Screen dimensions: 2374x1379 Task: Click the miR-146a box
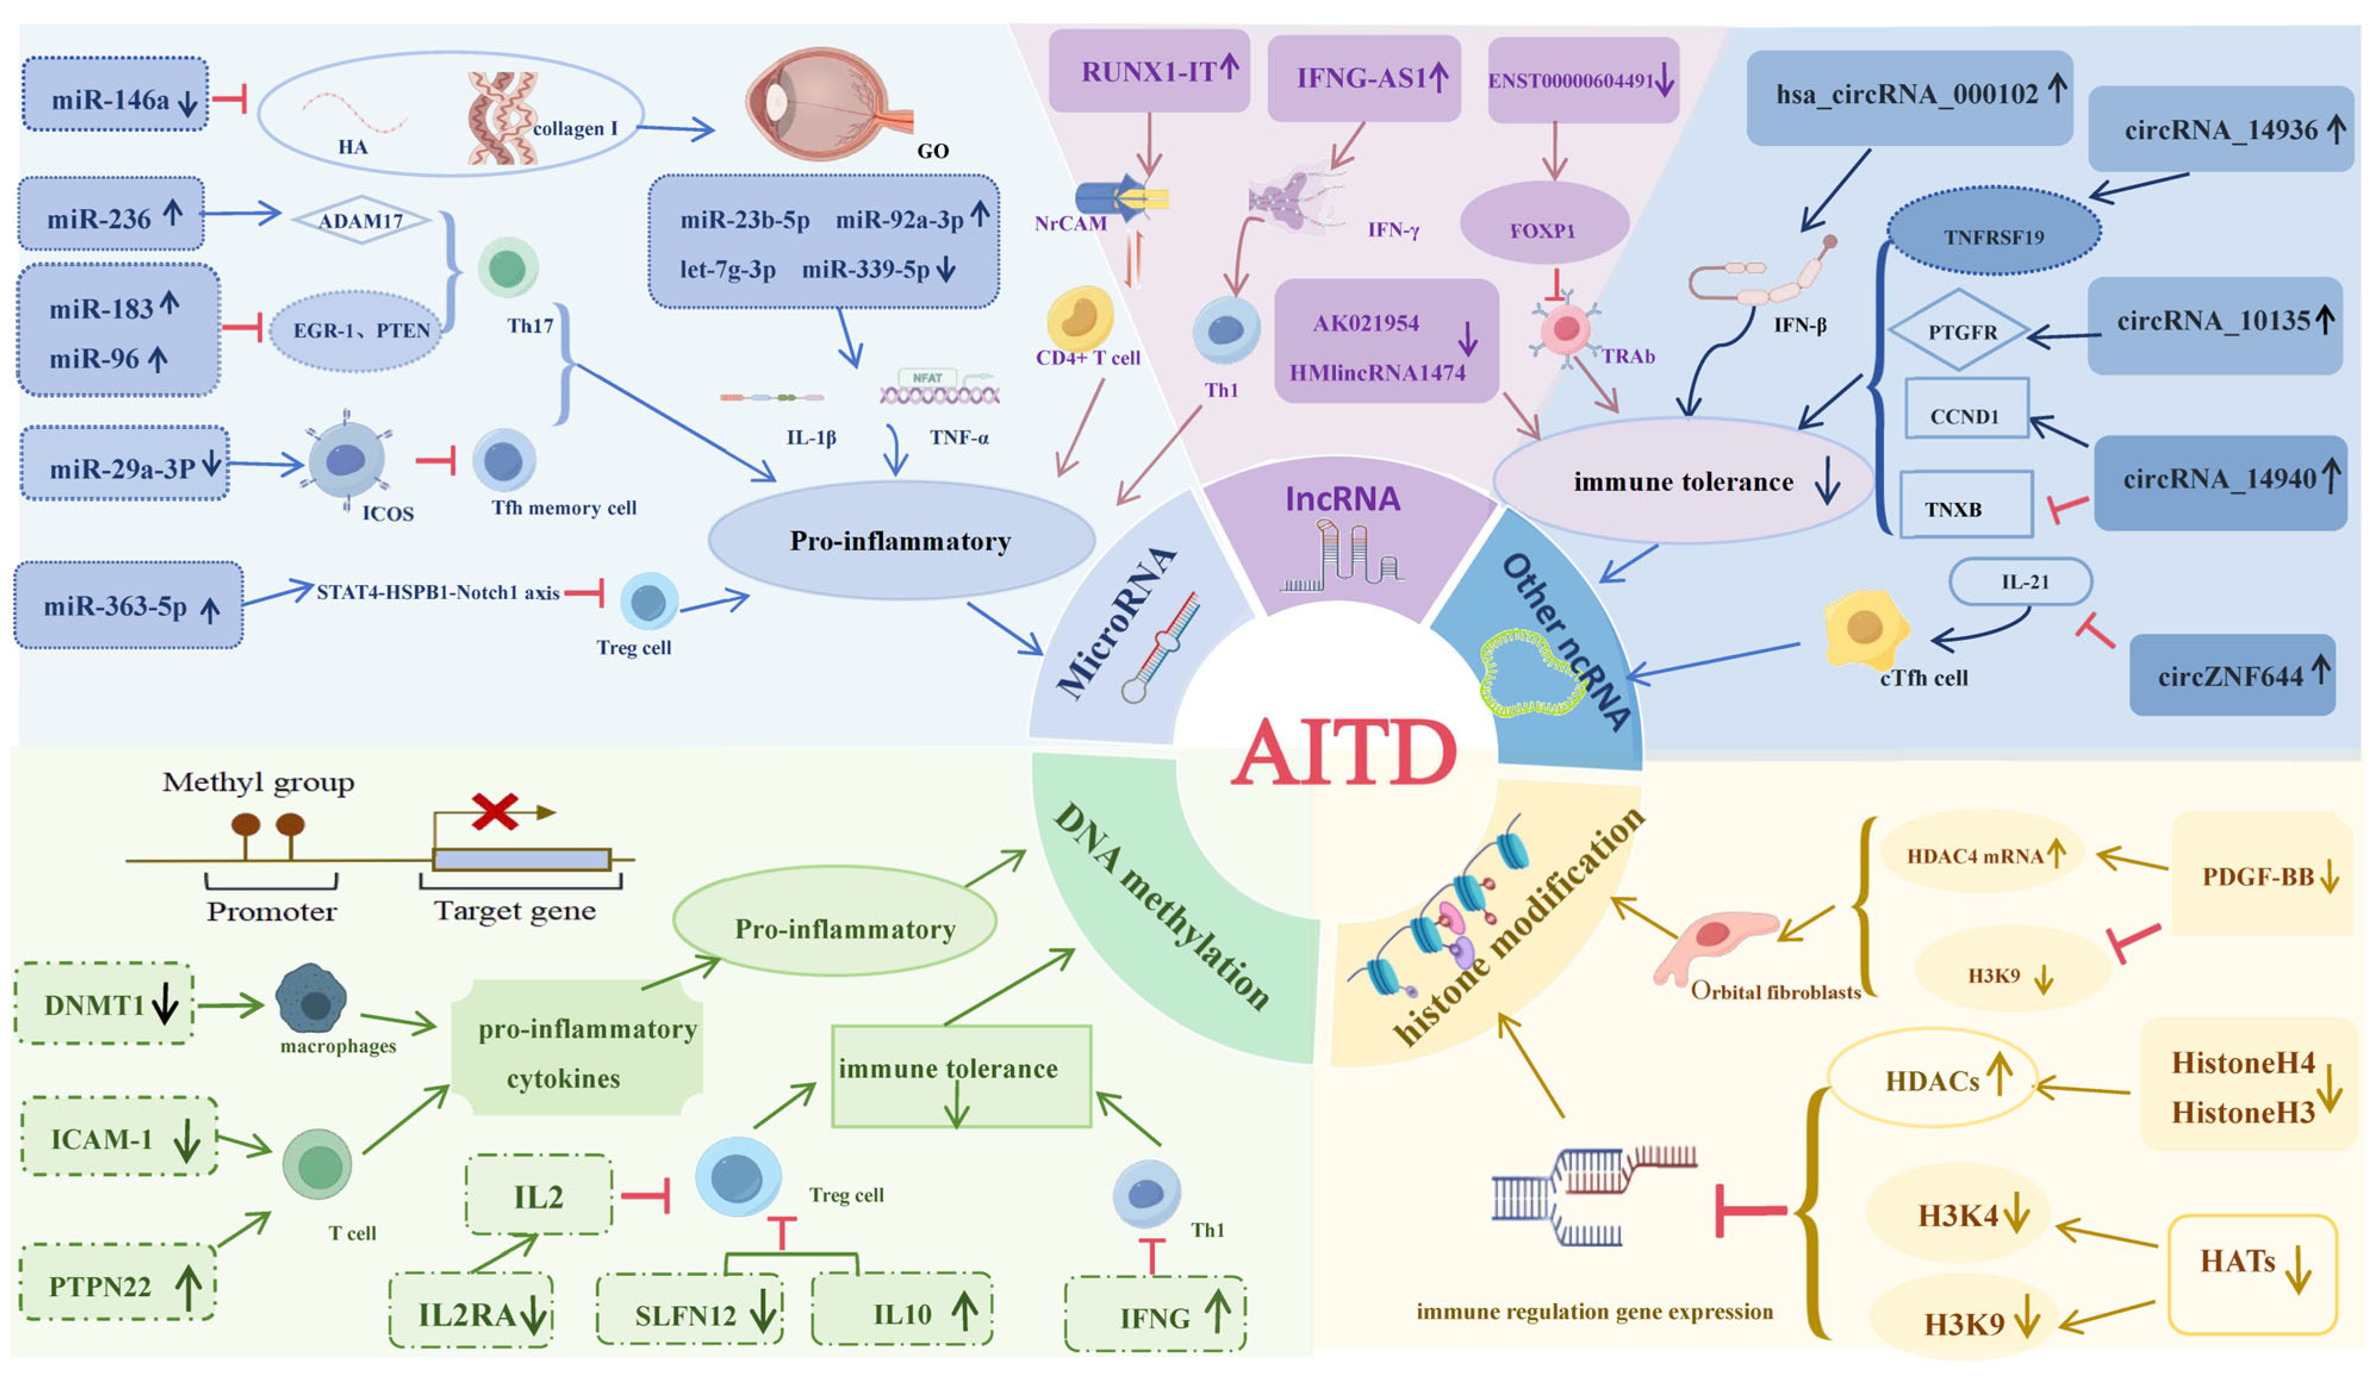tap(115, 94)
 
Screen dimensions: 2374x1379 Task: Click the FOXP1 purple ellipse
tap(1544, 223)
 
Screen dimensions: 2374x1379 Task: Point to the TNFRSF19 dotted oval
tap(1993, 232)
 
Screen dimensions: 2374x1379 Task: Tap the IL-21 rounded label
tap(2021, 582)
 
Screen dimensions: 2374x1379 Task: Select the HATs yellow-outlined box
tap(2253, 1274)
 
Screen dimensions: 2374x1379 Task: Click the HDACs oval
tap(1932, 1079)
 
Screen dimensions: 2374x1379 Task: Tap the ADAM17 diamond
tap(361, 220)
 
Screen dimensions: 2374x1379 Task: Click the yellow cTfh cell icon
tap(1865, 627)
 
